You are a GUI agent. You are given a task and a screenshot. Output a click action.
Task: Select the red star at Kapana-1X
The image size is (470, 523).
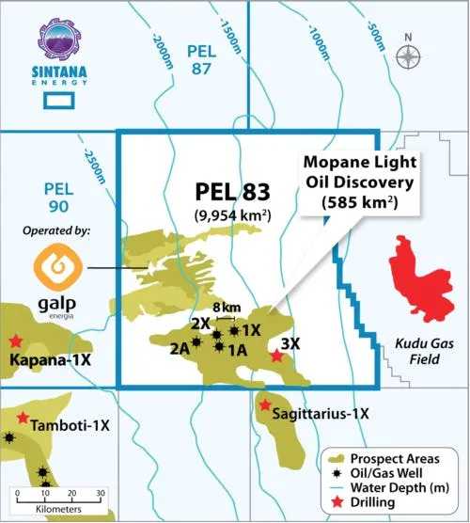coord(15,341)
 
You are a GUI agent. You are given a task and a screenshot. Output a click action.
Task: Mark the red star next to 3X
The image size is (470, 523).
coord(275,357)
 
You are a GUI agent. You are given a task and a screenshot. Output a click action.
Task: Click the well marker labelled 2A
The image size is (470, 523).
coord(196,342)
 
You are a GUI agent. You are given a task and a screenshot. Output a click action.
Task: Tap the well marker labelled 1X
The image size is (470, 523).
coord(234,330)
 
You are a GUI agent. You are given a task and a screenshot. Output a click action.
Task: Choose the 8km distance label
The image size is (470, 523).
coord(224,307)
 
